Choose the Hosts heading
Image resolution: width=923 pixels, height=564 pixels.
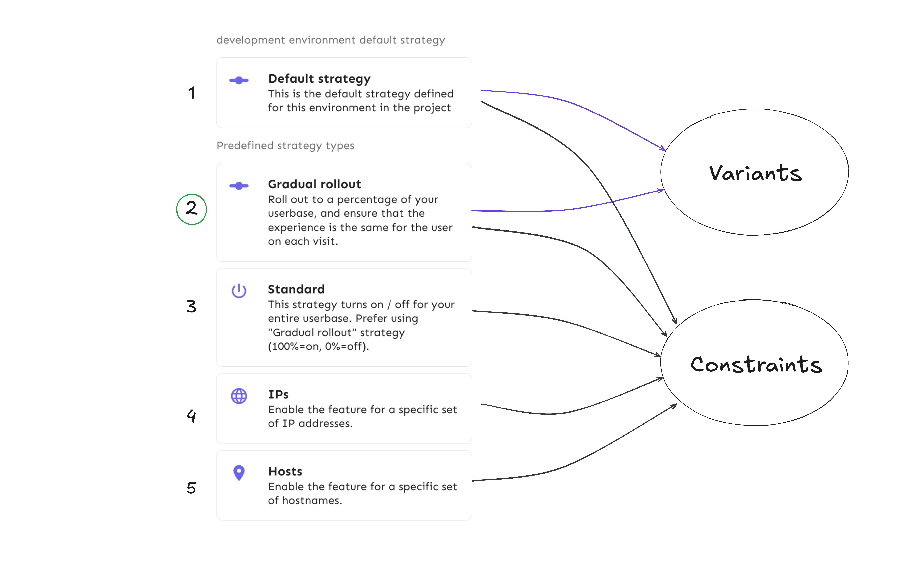(285, 471)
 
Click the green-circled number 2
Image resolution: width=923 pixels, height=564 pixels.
(191, 209)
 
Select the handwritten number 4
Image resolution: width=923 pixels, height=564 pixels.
(191, 415)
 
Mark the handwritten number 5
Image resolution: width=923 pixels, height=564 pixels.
(191, 487)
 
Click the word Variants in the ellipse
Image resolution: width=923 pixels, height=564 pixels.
(755, 173)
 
